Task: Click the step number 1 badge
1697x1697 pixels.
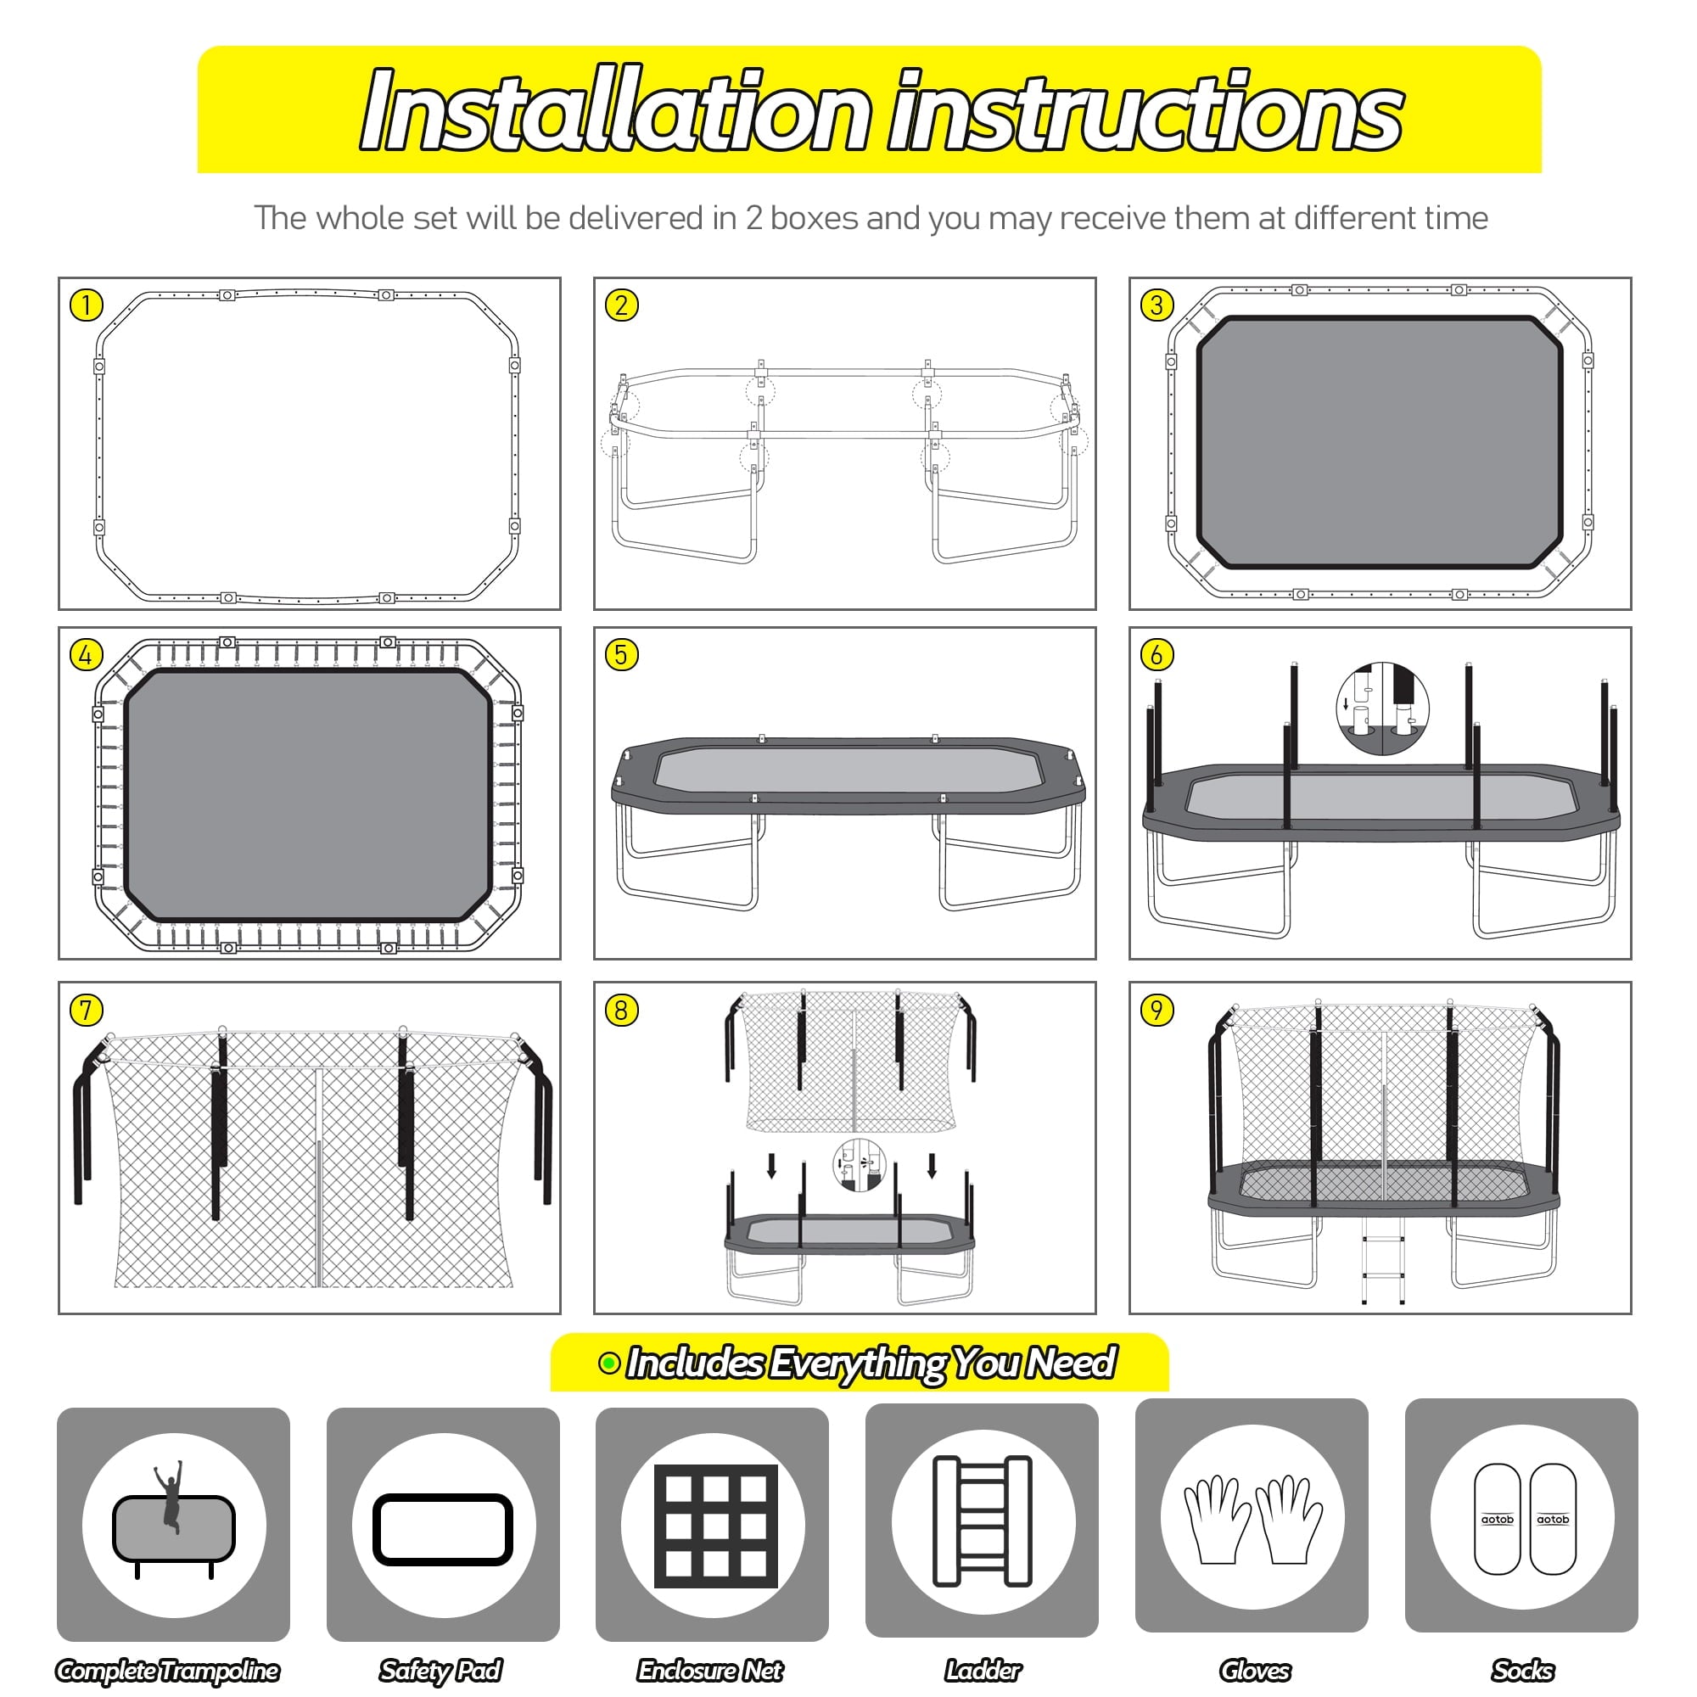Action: tap(86, 305)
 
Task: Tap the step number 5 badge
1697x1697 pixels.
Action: tap(622, 654)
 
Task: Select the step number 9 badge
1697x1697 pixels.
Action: tap(1157, 1010)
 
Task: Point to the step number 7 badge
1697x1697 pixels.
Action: tap(86, 1010)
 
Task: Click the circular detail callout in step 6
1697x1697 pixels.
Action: tap(1382, 708)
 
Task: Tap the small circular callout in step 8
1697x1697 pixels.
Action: tap(859, 1166)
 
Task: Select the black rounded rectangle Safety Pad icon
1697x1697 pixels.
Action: tap(443, 1529)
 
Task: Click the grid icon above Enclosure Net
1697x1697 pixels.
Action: tap(716, 1526)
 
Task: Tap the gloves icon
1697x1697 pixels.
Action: tap(1252, 1520)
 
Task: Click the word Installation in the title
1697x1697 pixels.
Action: tap(616, 111)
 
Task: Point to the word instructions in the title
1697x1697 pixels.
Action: tap(1145, 111)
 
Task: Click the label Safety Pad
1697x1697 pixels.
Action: tap(440, 1670)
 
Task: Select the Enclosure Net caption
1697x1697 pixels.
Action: tap(710, 1670)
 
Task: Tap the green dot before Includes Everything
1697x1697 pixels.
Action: tap(608, 1364)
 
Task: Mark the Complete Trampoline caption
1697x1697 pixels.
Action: tap(168, 1670)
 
